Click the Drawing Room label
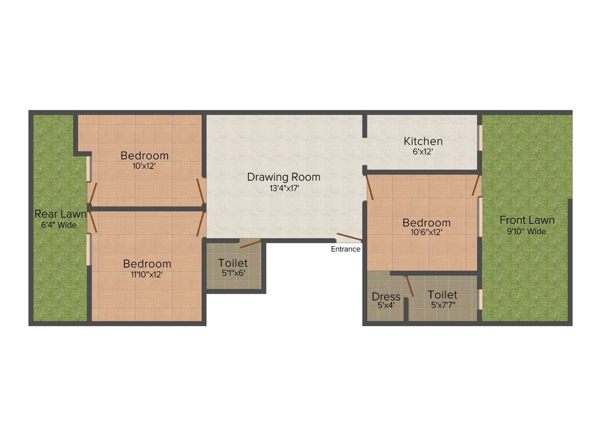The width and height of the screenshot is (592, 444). tap(283, 177)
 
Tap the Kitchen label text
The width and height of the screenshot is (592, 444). tap(423, 141)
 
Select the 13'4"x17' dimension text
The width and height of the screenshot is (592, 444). tap(283, 188)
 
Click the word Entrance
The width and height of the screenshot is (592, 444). tap(346, 249)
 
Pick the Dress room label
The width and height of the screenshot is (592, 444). tap(386, 297)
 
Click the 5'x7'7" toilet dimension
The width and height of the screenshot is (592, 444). tap(442, 305)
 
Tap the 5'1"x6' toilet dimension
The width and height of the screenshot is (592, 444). tap(233, 273)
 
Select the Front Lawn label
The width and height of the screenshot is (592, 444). tap(527, 220)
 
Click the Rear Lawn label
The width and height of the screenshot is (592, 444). tap(60, 214)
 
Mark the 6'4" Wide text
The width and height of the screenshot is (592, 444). tap(59, 225)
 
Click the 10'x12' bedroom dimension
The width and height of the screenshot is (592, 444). tap(145, 165)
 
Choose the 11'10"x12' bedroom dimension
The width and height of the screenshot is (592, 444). tap(147, 275)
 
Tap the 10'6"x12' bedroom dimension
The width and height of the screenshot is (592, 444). tap(427, 233)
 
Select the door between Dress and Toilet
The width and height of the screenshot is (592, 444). tap(409, 286)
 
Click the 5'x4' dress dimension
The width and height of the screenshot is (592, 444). tap(386, 306)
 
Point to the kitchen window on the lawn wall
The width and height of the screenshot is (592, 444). tap(480, 138)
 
